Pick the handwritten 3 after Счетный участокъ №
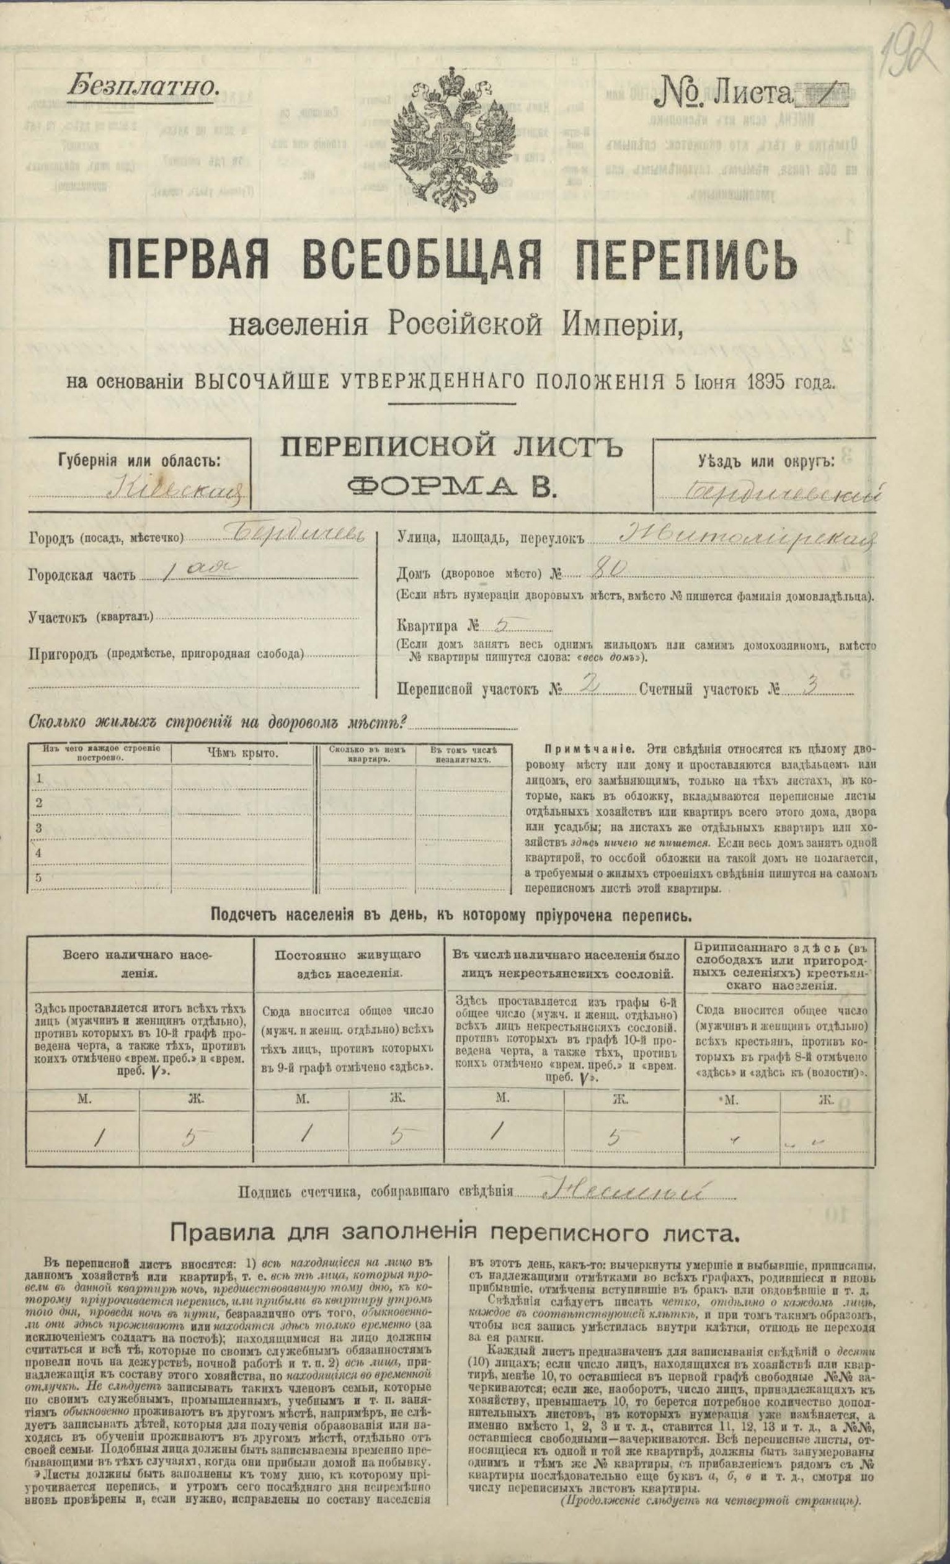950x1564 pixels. (809, 687)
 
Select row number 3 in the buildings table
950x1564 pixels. (38, 827)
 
